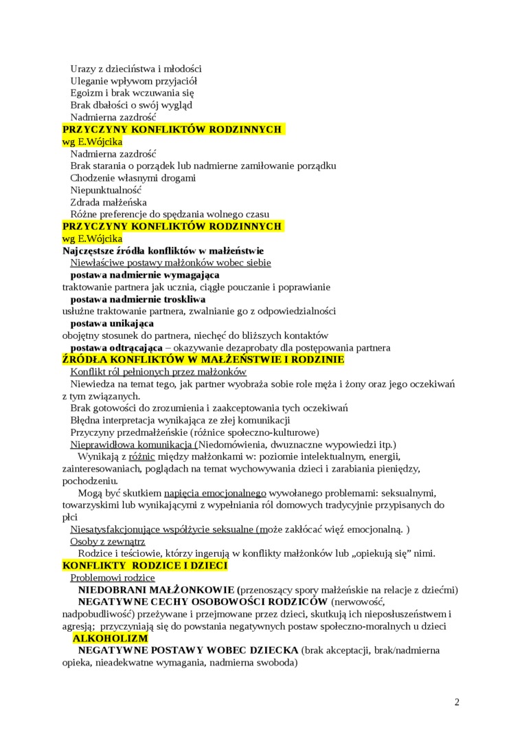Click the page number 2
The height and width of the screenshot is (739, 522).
pos(457,702)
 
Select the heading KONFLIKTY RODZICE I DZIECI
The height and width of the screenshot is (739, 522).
pos(145,566)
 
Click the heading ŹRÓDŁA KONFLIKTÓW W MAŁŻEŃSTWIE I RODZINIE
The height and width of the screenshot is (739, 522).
pos(203,360)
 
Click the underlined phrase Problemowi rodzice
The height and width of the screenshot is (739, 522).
pos(113,578)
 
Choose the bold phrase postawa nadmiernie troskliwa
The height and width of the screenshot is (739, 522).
pos(138,300)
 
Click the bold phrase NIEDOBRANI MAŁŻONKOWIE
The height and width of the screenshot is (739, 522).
pos(157,590)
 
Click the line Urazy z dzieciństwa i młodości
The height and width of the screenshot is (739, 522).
pos(136,69)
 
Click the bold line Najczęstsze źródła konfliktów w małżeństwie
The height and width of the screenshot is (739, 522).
pos(163,251)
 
